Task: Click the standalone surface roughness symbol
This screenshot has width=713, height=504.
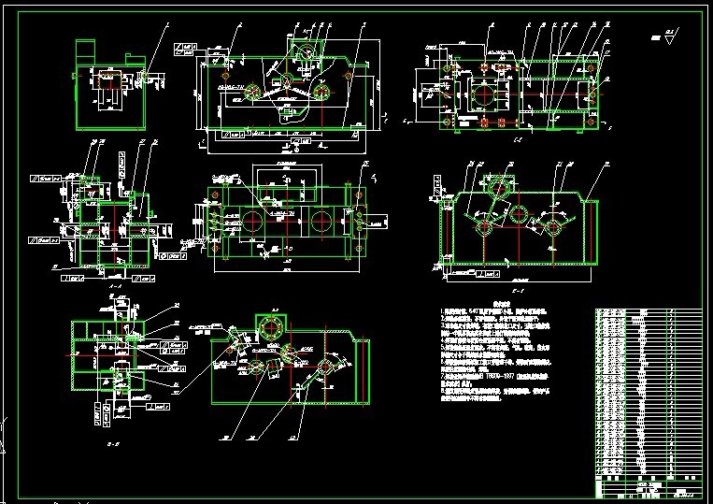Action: (670, 36)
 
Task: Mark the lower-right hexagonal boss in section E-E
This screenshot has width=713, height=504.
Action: (553, 225)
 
